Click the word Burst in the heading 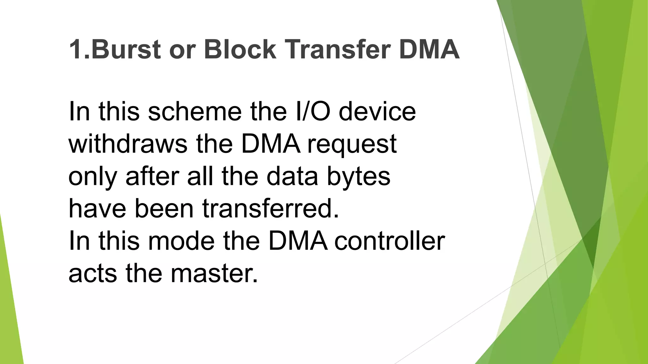coord(126,49)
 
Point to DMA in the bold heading coord(429,49)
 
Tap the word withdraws coord(128,144)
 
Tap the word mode coord(181,241)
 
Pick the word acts coord(92,273)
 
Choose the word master coord(214,273)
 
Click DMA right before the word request coord(271,144)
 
